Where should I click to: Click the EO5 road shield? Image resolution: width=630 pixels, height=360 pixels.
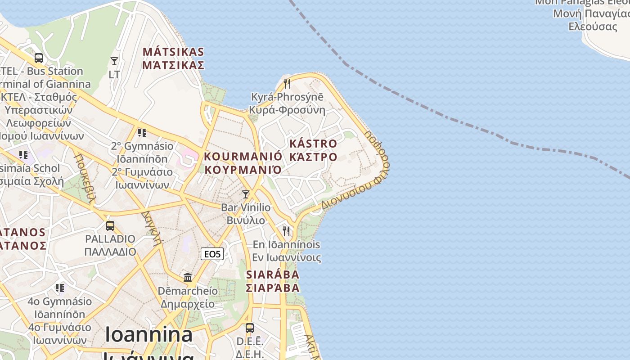pyautogui.click(x=212, y=254)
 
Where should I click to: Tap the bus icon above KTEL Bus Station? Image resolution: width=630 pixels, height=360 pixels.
pyautogui.click(x=39, y=58)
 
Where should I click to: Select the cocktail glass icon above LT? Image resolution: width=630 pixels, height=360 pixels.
pyautogui.click(x=114, y=61)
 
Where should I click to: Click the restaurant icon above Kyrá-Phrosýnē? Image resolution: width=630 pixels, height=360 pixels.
pyautogui.click(x=287, y=83)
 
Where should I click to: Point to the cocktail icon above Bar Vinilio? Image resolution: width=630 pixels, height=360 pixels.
pyautogui.click(x=246, y=194)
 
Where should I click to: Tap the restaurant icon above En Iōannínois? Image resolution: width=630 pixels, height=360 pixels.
pyautogui.click(x=286, y=231)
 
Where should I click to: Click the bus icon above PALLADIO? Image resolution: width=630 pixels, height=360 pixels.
pyautogui.click(x=110, y=225)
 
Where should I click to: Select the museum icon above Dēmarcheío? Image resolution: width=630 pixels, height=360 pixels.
pyautogui.click(x=188, y=277)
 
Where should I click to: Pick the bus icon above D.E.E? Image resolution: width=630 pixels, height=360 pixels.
pyautogui.click(x=249, y=328)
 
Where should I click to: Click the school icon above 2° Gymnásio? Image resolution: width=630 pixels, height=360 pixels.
pyautogui.click(x=142, y=132)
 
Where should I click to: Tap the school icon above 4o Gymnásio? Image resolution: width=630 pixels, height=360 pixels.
pyautogui.click(x=60, y=288)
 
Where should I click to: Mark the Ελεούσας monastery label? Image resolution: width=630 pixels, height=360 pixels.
pyautogui.click(x=593, y=26)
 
